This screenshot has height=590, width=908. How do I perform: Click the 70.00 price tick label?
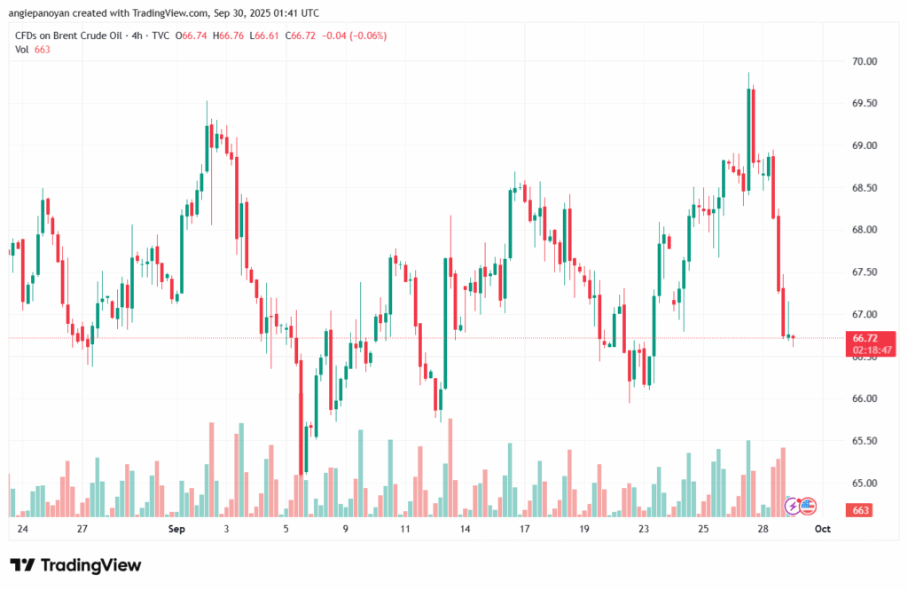point(865,61)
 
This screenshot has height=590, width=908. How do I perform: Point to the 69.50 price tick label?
point(865,104)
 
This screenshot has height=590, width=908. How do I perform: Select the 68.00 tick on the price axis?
point(865,230)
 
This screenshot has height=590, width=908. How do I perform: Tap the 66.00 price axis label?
point(865,399)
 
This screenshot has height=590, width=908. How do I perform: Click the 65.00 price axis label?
point(865,484)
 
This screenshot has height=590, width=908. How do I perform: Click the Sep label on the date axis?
point(176,529)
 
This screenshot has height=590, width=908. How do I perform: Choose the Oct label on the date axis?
point(822,529)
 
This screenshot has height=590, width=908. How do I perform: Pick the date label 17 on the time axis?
point(524,529)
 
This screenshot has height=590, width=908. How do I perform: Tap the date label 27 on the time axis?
point(82,529)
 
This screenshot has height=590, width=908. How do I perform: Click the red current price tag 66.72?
point(865,338)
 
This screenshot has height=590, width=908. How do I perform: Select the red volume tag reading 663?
point(861,510)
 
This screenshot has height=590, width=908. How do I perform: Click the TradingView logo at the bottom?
point(75,565)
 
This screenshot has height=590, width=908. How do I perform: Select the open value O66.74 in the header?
point(192,35)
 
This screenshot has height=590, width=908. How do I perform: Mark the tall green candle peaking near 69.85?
point(749,138)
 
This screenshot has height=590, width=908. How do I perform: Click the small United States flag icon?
point(807,507)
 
